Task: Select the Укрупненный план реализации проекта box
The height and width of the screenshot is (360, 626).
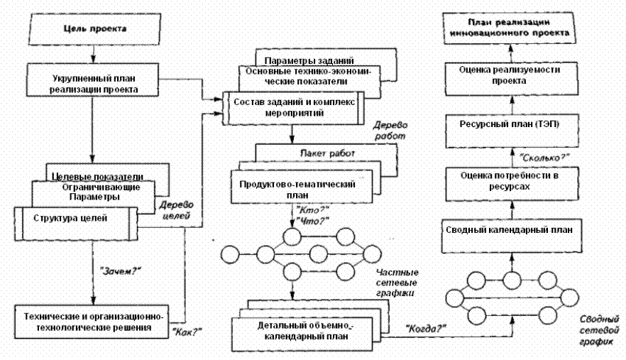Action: click(x=92, y=83)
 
